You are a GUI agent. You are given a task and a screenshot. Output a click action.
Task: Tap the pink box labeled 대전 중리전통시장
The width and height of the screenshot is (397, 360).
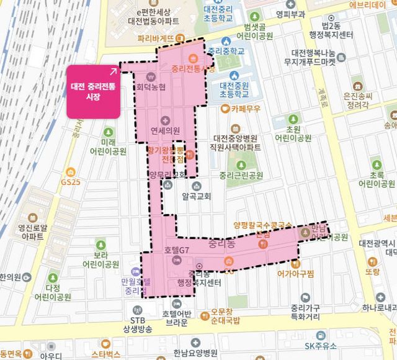tap(93, 91)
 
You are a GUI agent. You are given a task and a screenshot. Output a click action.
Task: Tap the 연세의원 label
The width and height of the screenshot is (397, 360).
tap(165, 131)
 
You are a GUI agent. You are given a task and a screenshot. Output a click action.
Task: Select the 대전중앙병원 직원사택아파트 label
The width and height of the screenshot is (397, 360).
tap(236, 143)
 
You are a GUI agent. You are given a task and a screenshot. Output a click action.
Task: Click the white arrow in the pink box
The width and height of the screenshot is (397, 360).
tap(113, 72)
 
